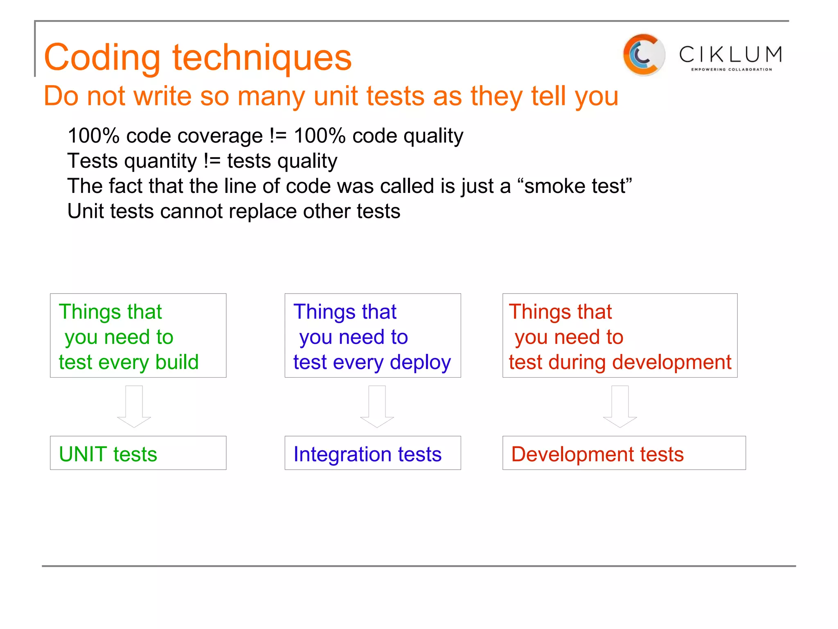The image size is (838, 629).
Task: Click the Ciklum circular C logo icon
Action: coord(644,55)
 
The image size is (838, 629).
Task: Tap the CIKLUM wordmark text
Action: coord(731,54)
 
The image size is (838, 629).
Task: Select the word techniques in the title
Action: coord(262,58)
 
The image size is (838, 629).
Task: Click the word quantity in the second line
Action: coord(161,161)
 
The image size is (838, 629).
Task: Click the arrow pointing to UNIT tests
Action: coord(134,407)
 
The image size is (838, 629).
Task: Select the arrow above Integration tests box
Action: coord(377,407)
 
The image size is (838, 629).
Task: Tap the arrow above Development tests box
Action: coord(620,407)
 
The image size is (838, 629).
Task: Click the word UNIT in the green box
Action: coord(83,454)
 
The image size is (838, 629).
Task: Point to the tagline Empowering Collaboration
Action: coord(731,70)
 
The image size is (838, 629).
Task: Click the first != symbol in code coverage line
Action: coord(278,136)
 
